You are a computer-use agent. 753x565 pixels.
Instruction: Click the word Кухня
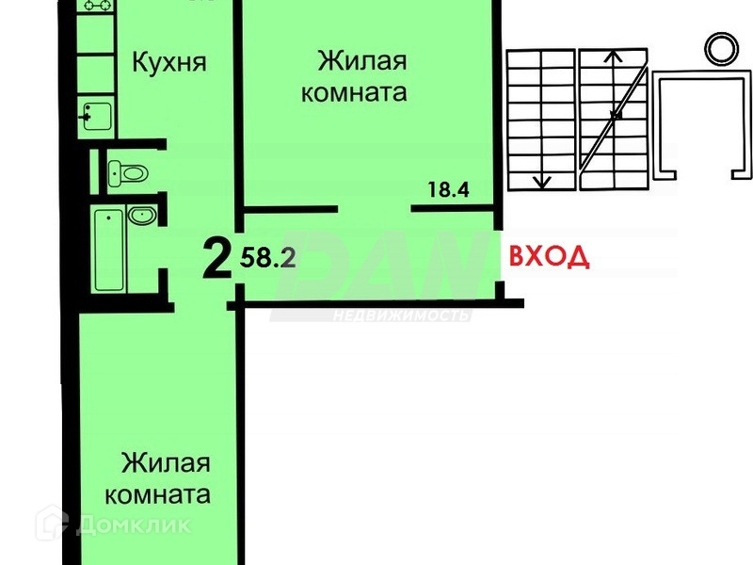tap(168, 63)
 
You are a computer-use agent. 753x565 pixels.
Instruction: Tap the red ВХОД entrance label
tap(550, 256)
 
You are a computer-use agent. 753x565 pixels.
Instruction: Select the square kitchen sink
tap(96, 117)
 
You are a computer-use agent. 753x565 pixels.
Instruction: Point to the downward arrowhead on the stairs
tap(541, 181)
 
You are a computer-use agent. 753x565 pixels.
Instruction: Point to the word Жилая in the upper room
tap(362, 62)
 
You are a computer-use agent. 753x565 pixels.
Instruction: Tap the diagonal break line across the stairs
tap(614, 114)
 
